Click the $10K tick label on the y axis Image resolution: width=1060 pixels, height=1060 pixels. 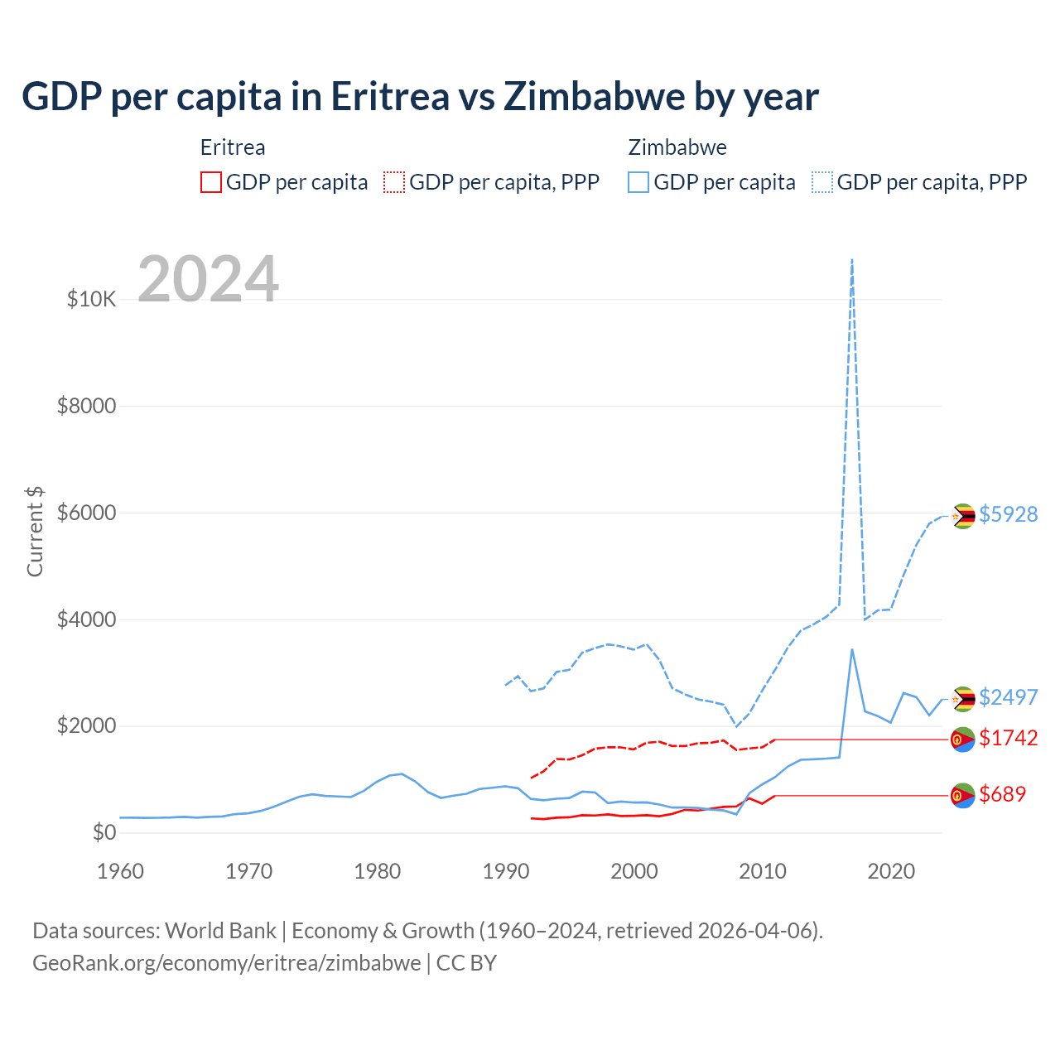92,299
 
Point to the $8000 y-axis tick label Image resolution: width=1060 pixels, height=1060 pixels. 87,406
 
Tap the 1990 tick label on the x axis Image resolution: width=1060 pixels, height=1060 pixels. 506,871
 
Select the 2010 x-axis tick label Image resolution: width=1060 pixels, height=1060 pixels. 763,871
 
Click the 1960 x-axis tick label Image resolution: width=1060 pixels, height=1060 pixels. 121,871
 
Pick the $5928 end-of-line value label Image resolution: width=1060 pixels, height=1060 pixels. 1008,514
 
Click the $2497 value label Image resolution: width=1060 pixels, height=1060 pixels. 1008,697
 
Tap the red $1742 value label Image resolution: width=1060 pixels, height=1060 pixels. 1008,738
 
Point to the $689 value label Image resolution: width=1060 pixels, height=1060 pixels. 1002,794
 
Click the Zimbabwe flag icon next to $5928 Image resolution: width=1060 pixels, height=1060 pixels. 962,516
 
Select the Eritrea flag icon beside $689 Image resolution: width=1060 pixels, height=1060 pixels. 962,796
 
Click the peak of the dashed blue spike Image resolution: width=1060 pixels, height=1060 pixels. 852,260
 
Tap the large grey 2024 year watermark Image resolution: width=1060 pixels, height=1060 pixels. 208,279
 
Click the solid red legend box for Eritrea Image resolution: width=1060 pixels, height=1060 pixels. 211,182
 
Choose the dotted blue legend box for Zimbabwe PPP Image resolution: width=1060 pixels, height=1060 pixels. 822,182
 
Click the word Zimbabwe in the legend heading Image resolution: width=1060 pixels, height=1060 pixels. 677,147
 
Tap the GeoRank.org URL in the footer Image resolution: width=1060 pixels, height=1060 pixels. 226,963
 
